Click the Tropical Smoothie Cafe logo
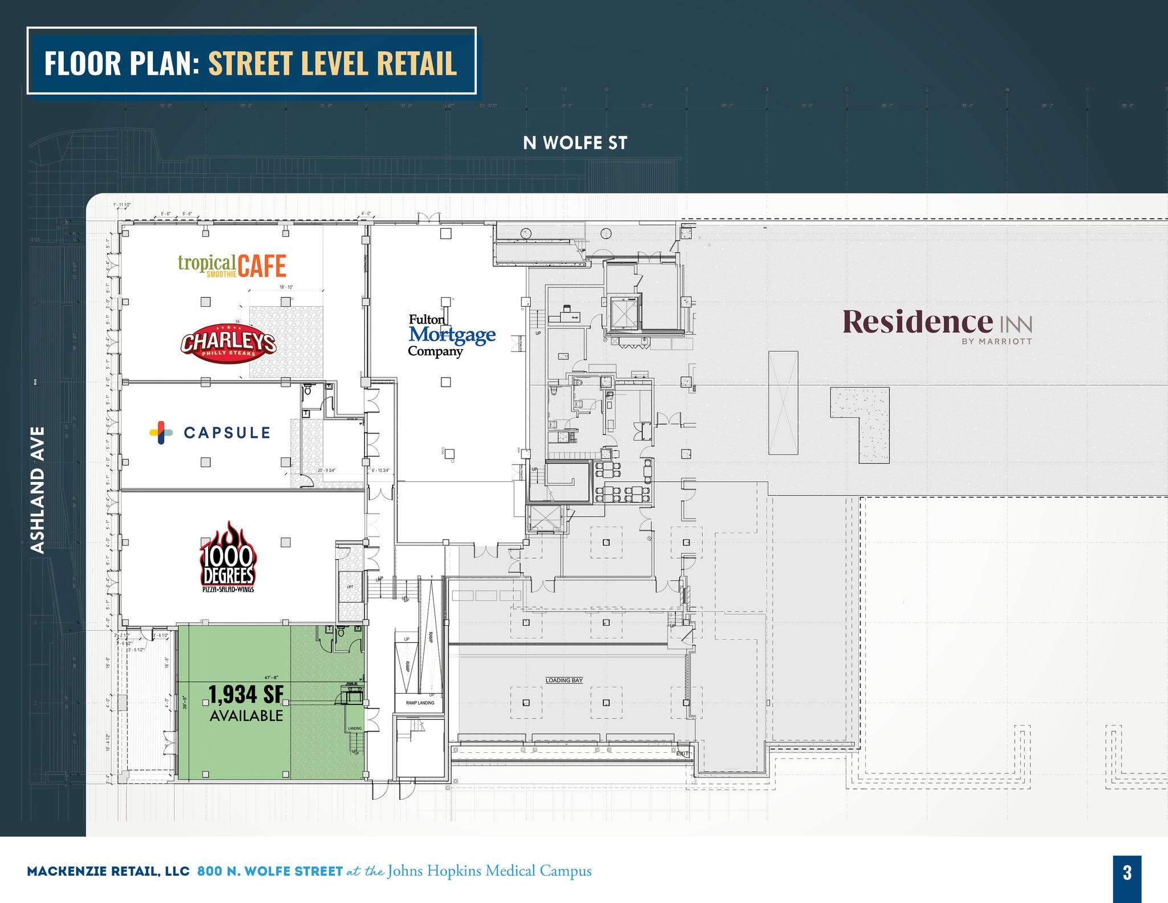(x=232, y=266)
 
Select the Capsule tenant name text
(x=227, y=433)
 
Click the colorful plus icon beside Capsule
(x=161, y=433)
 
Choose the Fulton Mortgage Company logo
(x=451, y=335)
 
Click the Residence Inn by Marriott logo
(x=937, y=326)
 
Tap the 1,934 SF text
(x=246, y=694)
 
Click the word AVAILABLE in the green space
(x=246, y=716)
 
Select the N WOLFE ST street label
(x=575, y=143)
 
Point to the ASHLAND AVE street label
(x=38, y=489)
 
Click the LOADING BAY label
(x=564, y=680)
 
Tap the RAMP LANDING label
(x=420, y=703)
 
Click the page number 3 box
(x=1127, y=873)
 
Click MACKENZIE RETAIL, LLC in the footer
(x=108, y=872)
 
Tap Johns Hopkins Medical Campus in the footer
(x=489, y=871)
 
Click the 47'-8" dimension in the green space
(x=270, y=678)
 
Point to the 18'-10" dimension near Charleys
(x=286, y=287)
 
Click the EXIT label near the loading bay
(x=682, y=754)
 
